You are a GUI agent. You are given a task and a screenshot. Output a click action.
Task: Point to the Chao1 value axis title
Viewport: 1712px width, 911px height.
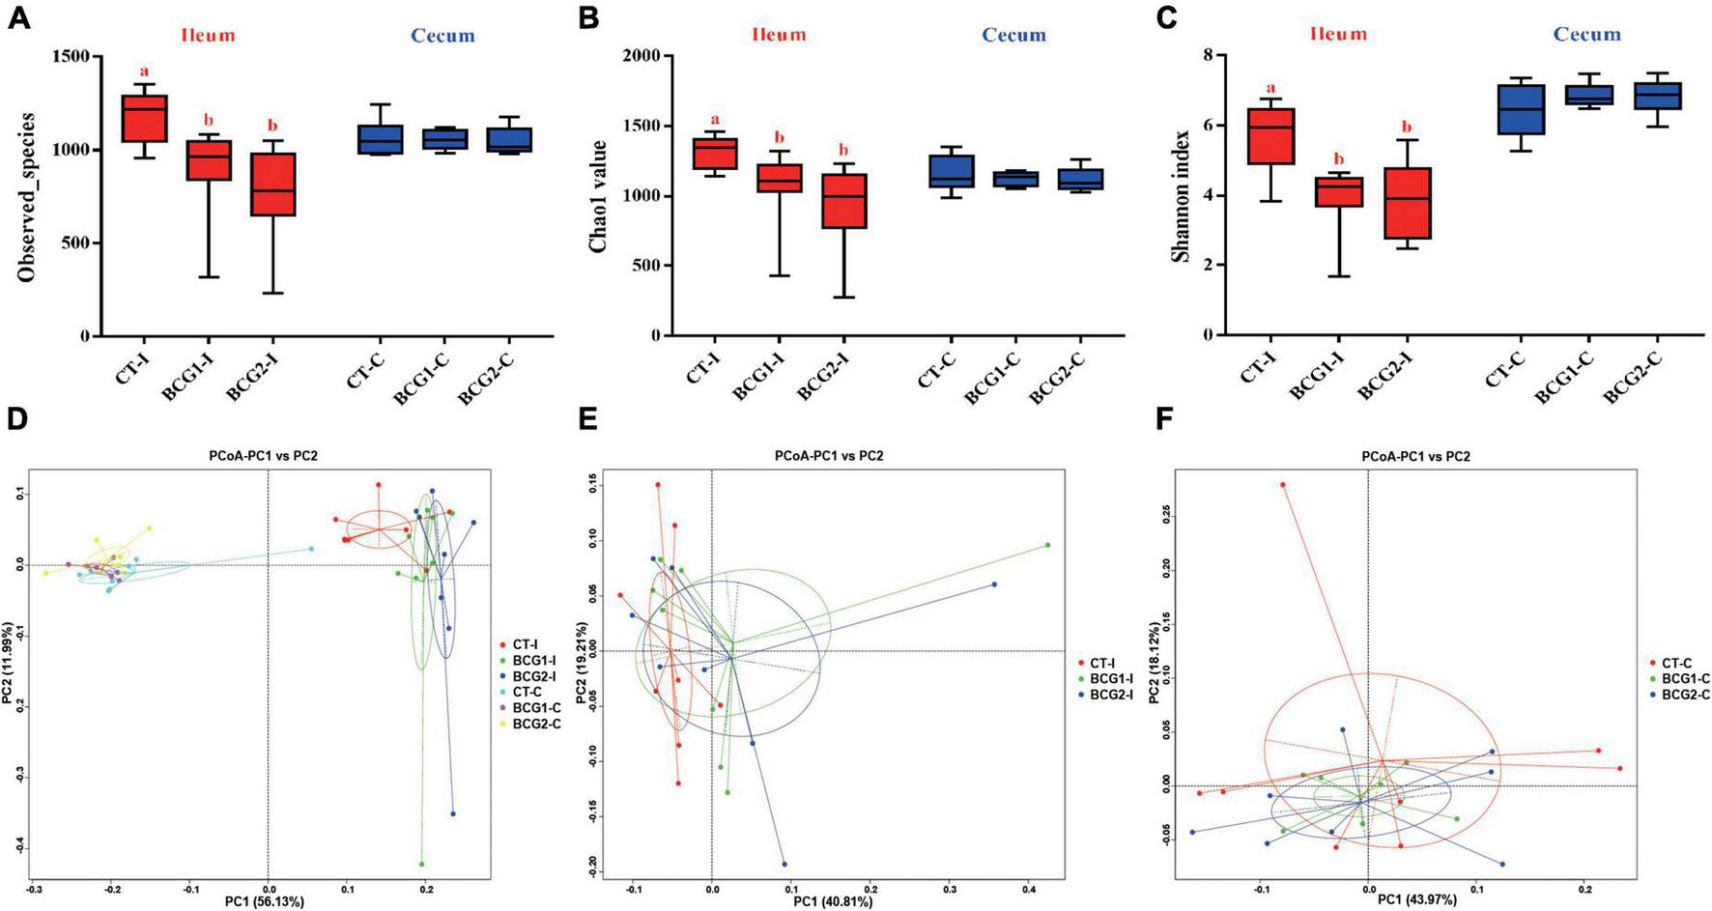pos(599,196)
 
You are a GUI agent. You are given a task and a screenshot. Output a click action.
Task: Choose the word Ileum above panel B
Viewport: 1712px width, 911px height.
pos(778,35)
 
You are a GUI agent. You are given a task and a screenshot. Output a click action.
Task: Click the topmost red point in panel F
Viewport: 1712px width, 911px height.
pos(1284,484)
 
